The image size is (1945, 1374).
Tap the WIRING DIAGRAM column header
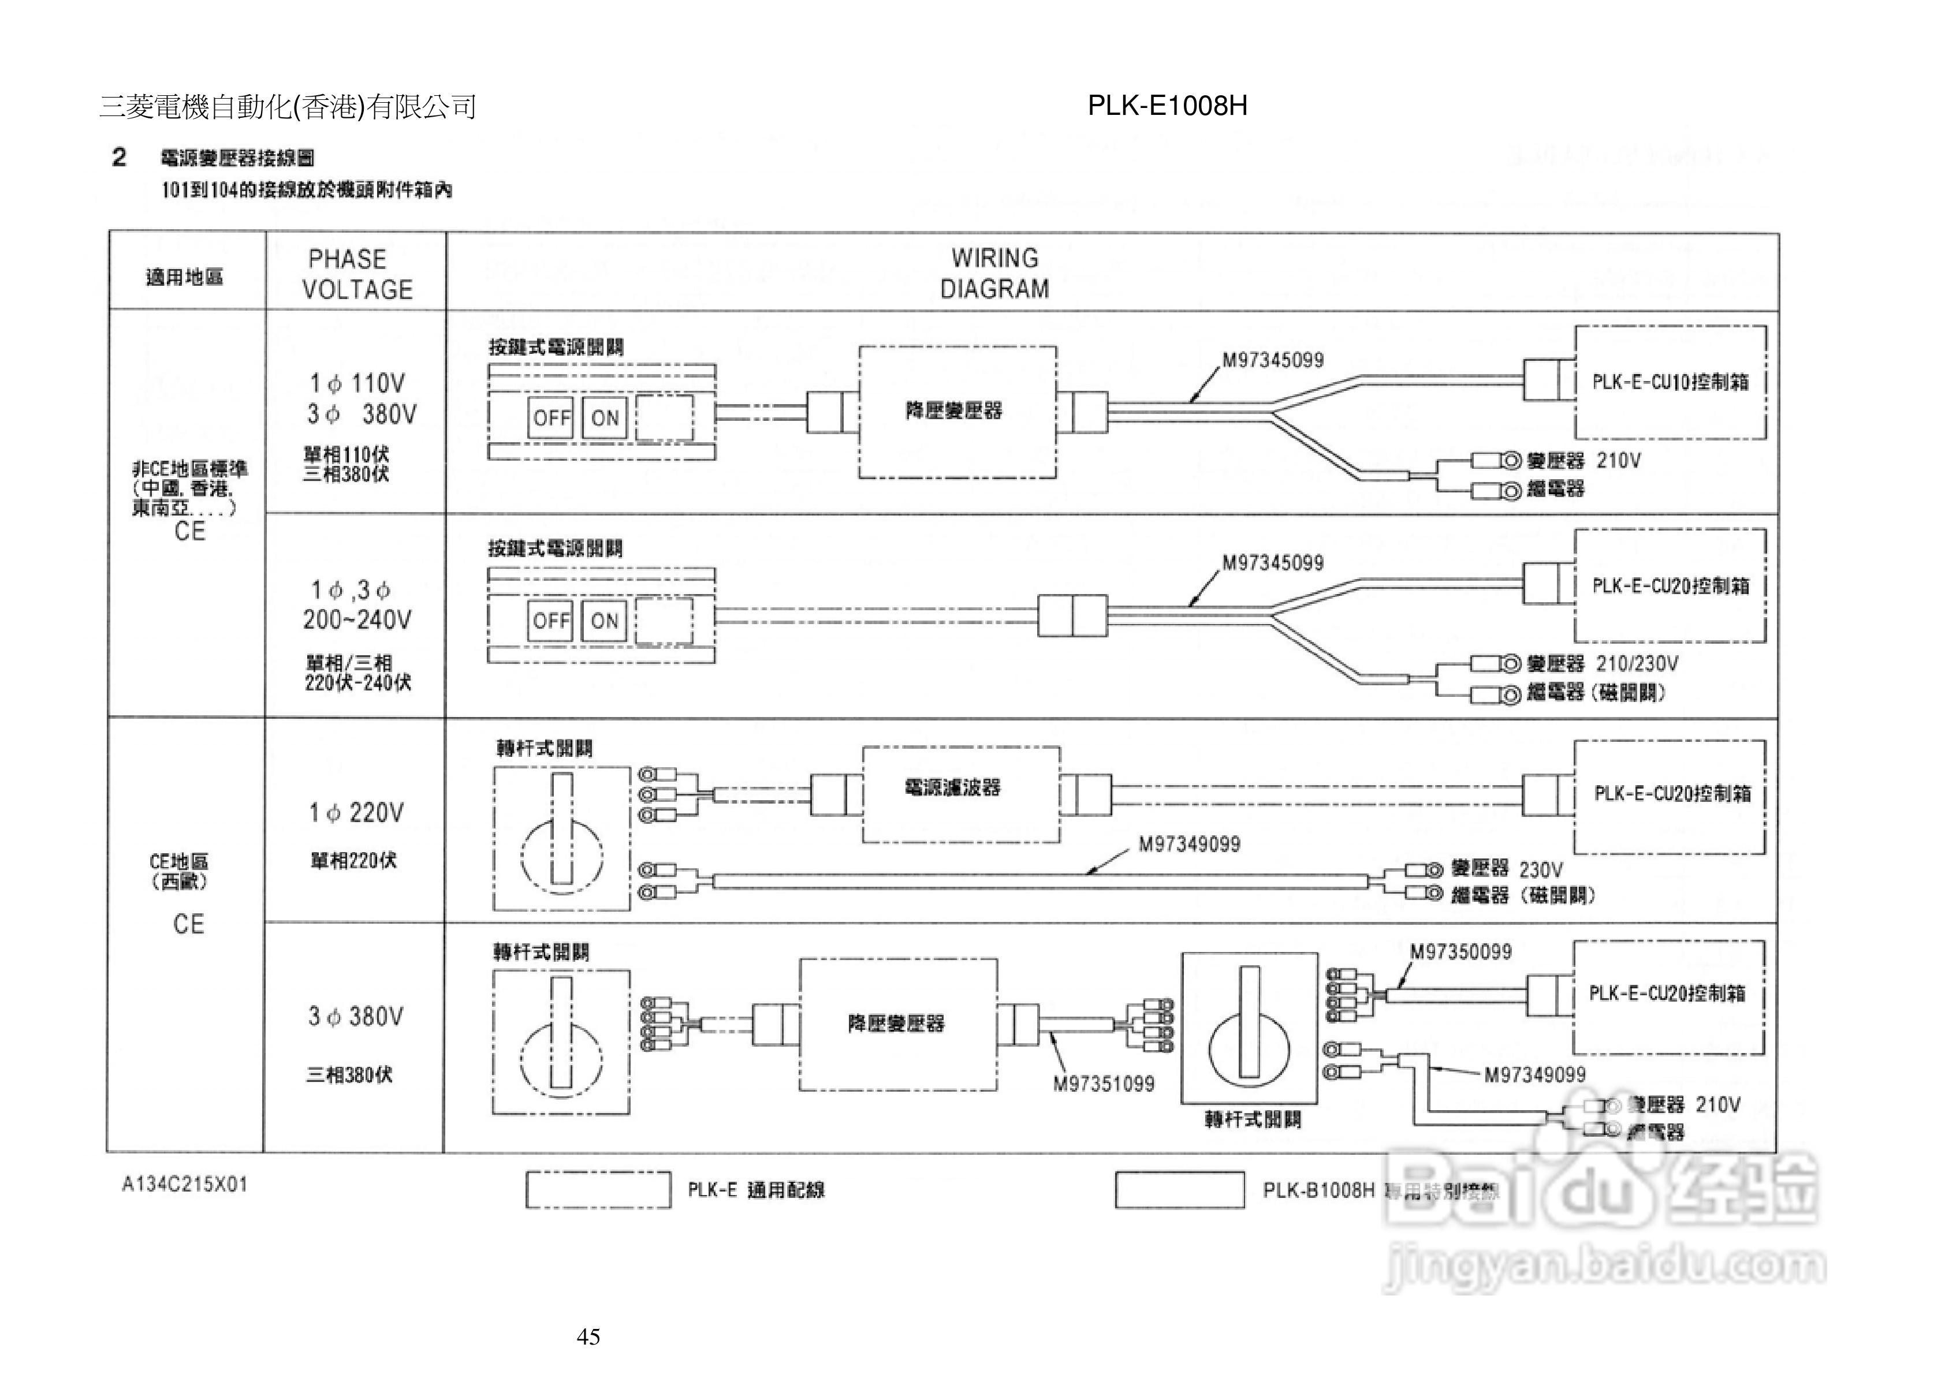(x=994, y=272)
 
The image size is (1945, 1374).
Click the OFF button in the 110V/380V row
(x=550, y=417)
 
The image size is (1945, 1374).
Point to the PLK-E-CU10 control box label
(x=1670, y=382)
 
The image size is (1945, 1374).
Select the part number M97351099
(x=1103, y=1084)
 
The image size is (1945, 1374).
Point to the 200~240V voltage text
(x=357, y=620)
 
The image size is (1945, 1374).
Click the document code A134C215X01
(x=185, y=1184)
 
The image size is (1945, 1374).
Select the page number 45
(x=588, y=1336)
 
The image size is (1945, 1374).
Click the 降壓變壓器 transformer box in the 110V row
(x=957, y=412)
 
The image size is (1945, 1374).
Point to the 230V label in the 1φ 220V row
(x=1541, y=870)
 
